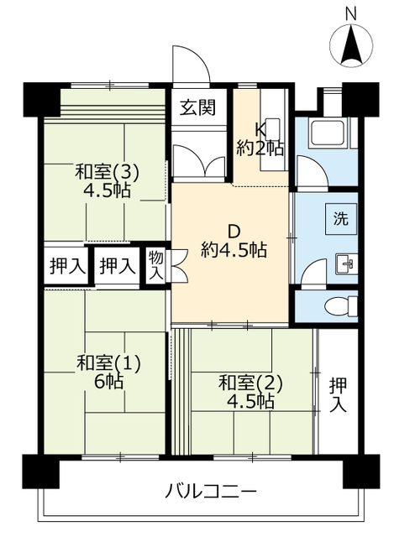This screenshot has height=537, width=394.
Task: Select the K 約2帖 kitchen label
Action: click(x=260, y=138)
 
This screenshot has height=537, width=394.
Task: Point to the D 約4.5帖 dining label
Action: click(x=234, y=239)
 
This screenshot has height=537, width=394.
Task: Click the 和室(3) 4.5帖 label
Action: click(x=107, y=180)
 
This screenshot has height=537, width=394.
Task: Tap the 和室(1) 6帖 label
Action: click(x=108, y=372)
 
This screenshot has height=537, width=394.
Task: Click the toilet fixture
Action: click(x=339, y=304)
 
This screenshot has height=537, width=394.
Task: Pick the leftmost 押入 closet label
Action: click(x=66, y=267)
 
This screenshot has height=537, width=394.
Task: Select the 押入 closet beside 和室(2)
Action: click(x=338, y=394)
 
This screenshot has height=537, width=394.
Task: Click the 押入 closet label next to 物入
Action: click(x=116, y=267)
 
